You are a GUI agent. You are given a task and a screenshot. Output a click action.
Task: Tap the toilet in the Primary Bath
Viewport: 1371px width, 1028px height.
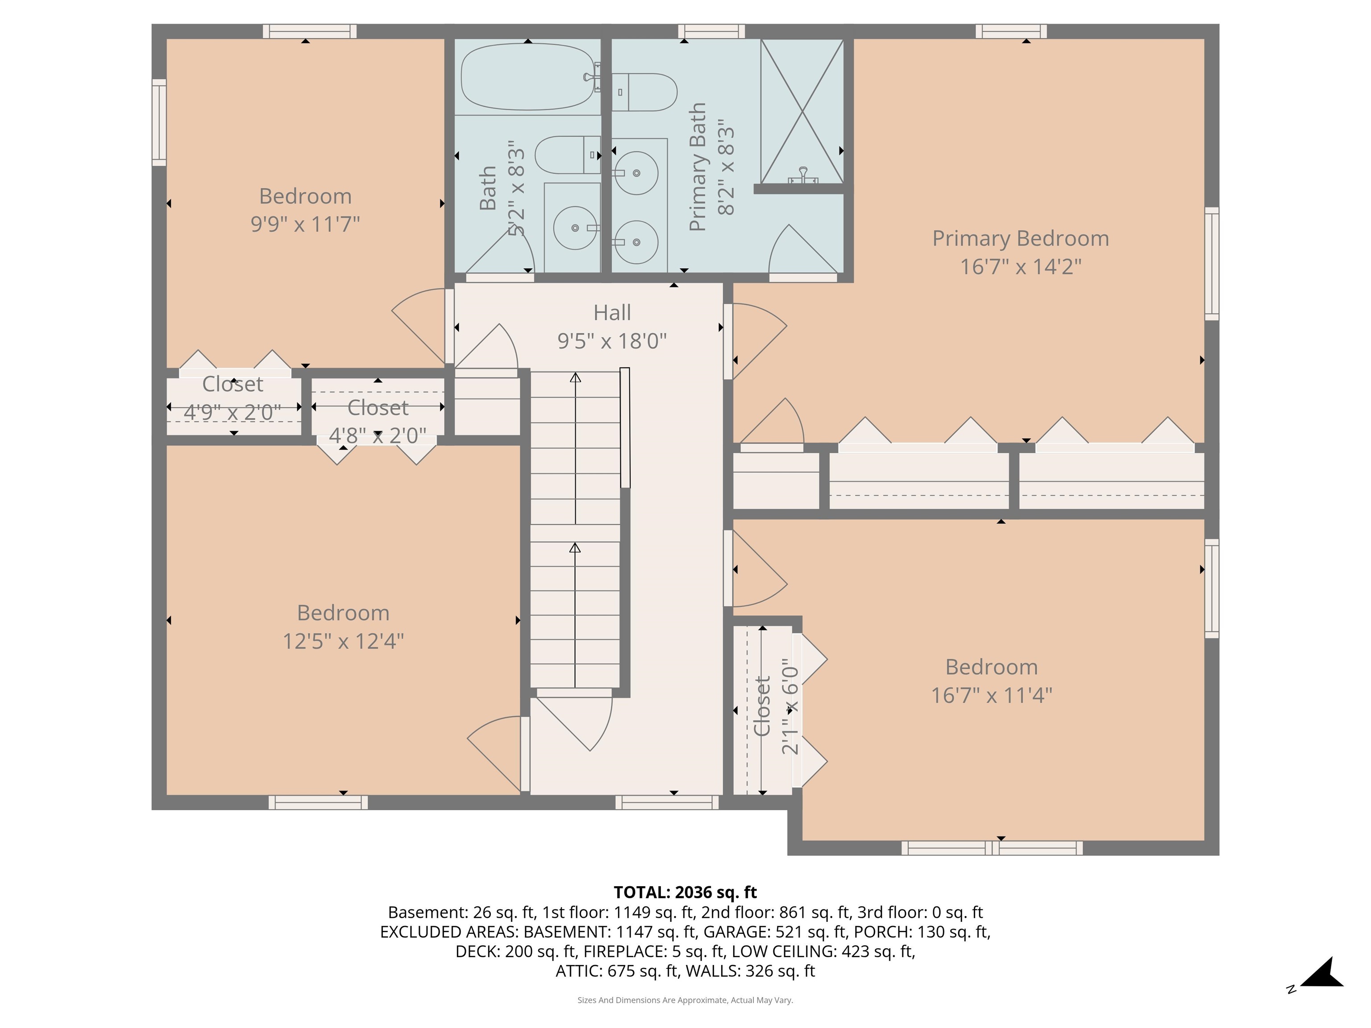coord(644,92)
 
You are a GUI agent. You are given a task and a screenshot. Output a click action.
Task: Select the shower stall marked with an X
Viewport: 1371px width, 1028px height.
coord(802,112)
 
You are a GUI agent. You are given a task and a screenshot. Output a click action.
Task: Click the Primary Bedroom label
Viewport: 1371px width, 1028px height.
coord(1020,239)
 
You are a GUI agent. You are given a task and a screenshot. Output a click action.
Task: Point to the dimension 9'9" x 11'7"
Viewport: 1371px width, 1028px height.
coord(305,224)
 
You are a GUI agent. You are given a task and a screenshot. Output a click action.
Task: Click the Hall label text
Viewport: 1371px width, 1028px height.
coord(612,313)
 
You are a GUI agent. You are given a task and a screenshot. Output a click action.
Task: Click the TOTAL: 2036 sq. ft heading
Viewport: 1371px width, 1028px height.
coord(685,892)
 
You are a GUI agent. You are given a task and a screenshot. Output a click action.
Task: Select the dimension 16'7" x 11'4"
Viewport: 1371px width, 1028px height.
coord(991,695)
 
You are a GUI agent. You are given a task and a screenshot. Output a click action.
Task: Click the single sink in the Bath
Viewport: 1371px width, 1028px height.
coord(574,228)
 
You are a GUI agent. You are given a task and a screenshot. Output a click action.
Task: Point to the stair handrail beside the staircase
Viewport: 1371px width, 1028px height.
coord(625,427)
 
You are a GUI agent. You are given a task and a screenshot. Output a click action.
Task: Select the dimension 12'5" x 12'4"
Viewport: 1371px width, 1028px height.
coord(343,641)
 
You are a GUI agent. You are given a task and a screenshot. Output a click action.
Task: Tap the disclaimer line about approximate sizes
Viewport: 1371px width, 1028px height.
coord(685,1000)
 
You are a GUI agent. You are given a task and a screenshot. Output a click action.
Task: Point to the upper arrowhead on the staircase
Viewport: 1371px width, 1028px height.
coord(575,377)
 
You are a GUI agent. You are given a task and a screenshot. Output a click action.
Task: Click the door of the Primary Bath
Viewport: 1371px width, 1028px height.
coord(802,251)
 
